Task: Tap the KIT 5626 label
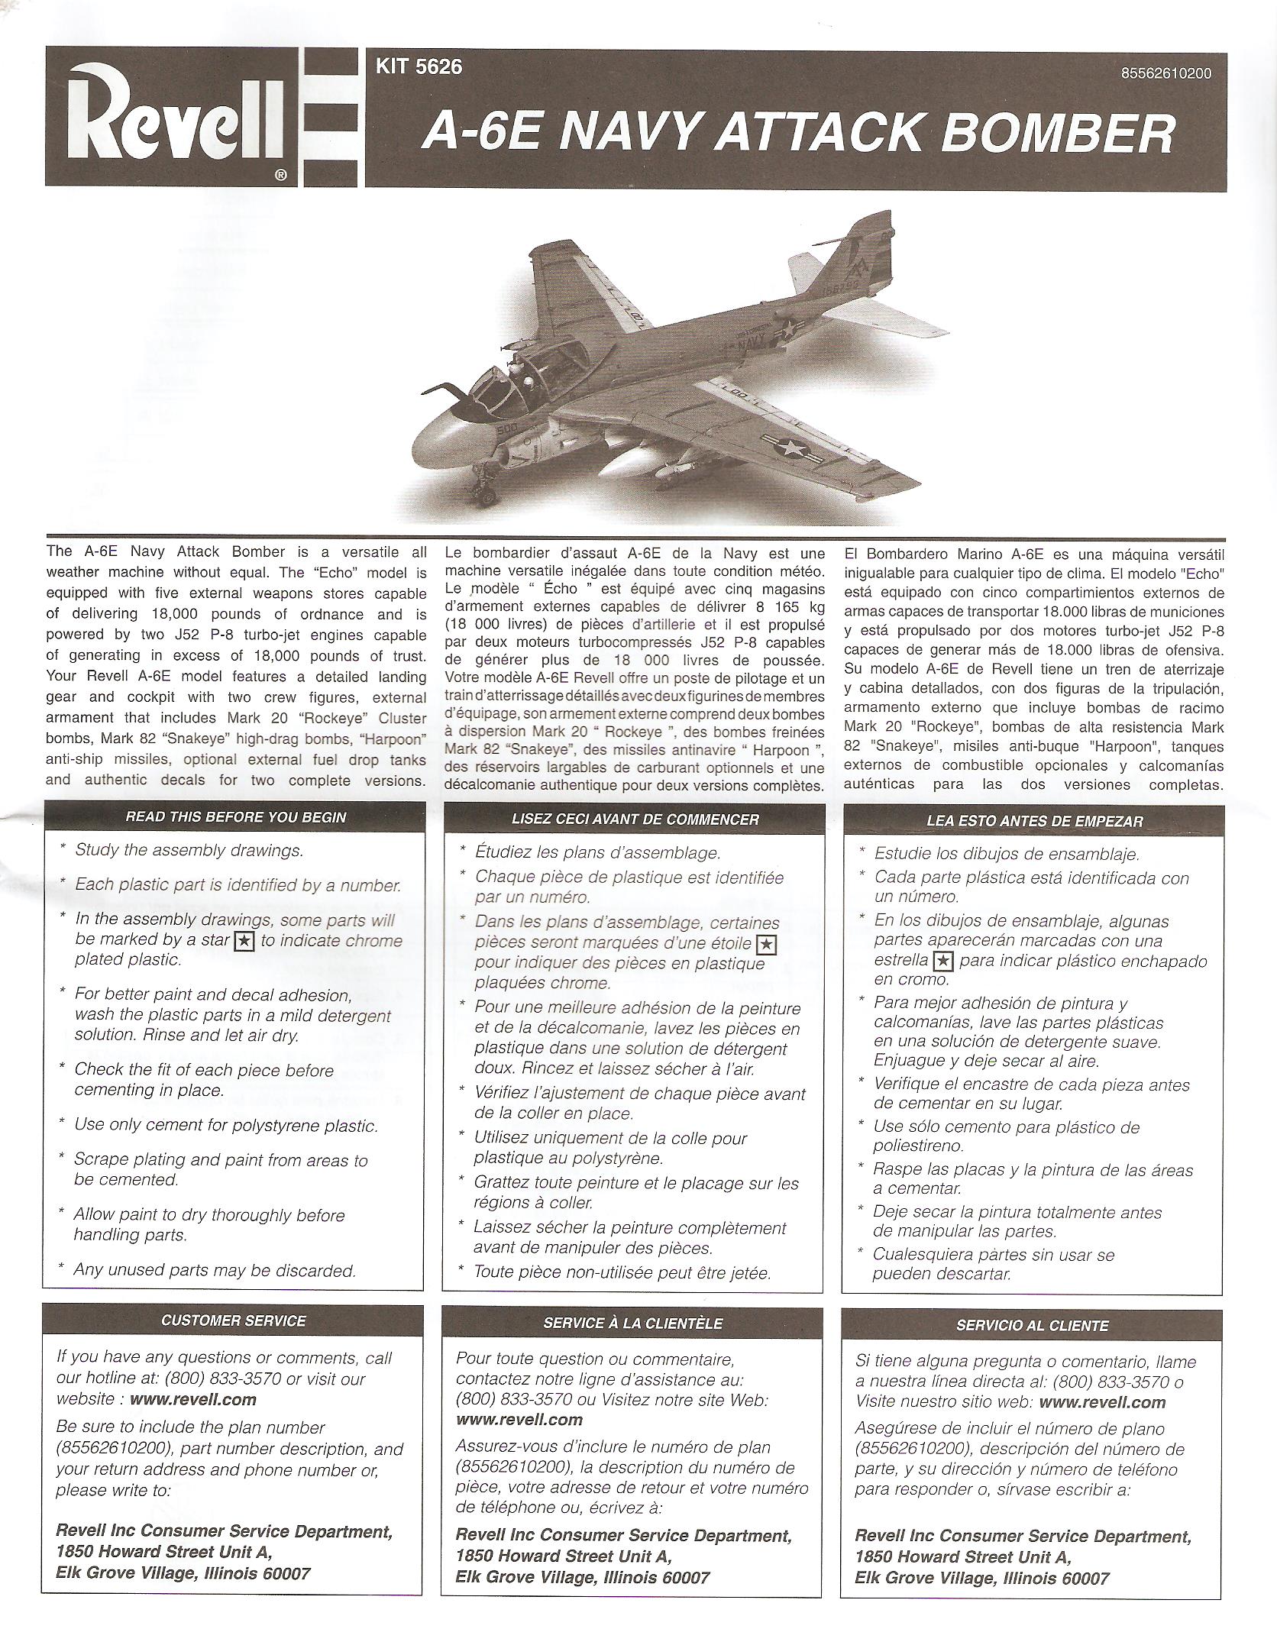coord(419,67)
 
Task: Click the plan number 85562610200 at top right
coord(1165,74)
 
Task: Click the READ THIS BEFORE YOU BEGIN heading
coord(235,817)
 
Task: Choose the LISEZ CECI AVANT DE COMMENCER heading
coord(635,819)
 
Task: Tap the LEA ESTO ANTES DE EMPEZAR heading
coord(1034,822)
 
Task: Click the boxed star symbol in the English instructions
coord(244,941)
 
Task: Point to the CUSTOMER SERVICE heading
coord(234,1320)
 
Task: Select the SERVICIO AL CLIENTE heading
coord(1032,1326)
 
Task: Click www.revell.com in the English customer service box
coord(193,1399)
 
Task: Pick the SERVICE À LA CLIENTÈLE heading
coord(633,1324)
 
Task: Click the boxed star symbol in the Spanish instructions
coord(944,961)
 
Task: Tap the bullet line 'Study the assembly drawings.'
coord(189,850)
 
